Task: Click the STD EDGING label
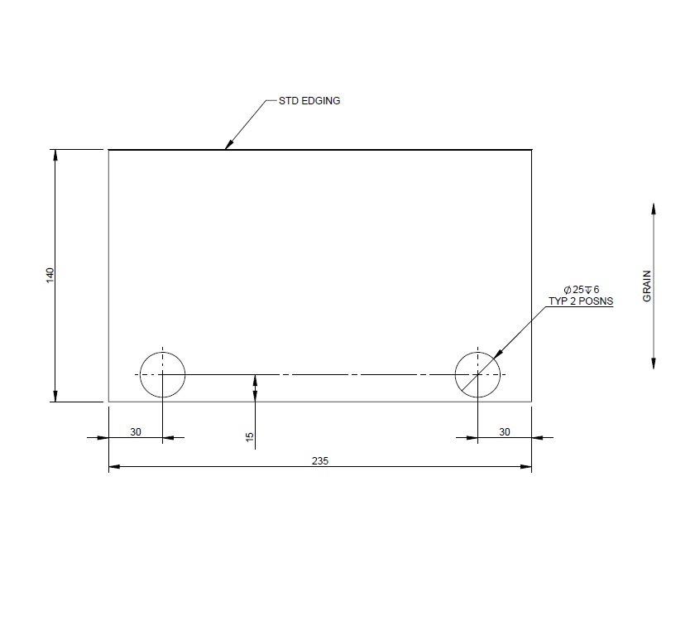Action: point(309,101)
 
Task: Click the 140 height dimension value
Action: point(50,276)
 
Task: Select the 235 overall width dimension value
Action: point(321,460)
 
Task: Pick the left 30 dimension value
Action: point(136,431)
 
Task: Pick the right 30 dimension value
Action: point(505,431)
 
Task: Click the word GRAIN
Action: point(647,286)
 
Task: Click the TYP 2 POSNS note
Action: point(581,301)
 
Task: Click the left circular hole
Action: point(162,374)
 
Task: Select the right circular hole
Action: point(477,374)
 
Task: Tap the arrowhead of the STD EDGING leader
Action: point(228,147)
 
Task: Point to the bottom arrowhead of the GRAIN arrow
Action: point(654,364)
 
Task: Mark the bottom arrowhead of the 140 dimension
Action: point(55,397)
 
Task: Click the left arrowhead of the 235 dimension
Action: point(114,467)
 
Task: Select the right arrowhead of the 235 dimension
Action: point(526,467)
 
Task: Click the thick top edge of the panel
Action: point(372,150)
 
